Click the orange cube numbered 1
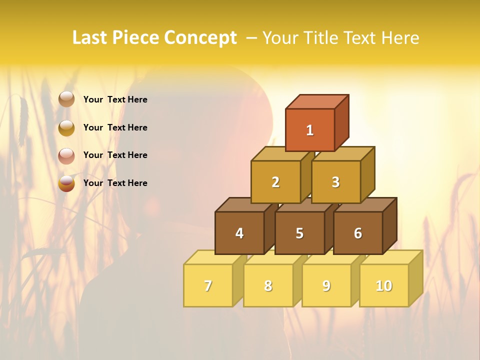point(310,130)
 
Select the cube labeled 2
point(275,182)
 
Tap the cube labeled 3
point(335,182)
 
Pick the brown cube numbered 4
point(239,233)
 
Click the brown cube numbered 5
point(299,233)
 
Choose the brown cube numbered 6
point(358,233)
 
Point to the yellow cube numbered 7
point(208,285)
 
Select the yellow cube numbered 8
point(268,285)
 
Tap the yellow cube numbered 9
point(326,285)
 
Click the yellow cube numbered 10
point(384,285)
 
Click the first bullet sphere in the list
point(66,99)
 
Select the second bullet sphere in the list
point(66,127)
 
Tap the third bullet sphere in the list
point(66,155)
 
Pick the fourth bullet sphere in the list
point(66,183)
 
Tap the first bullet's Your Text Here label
point(115,99)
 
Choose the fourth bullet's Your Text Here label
point(115,183)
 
